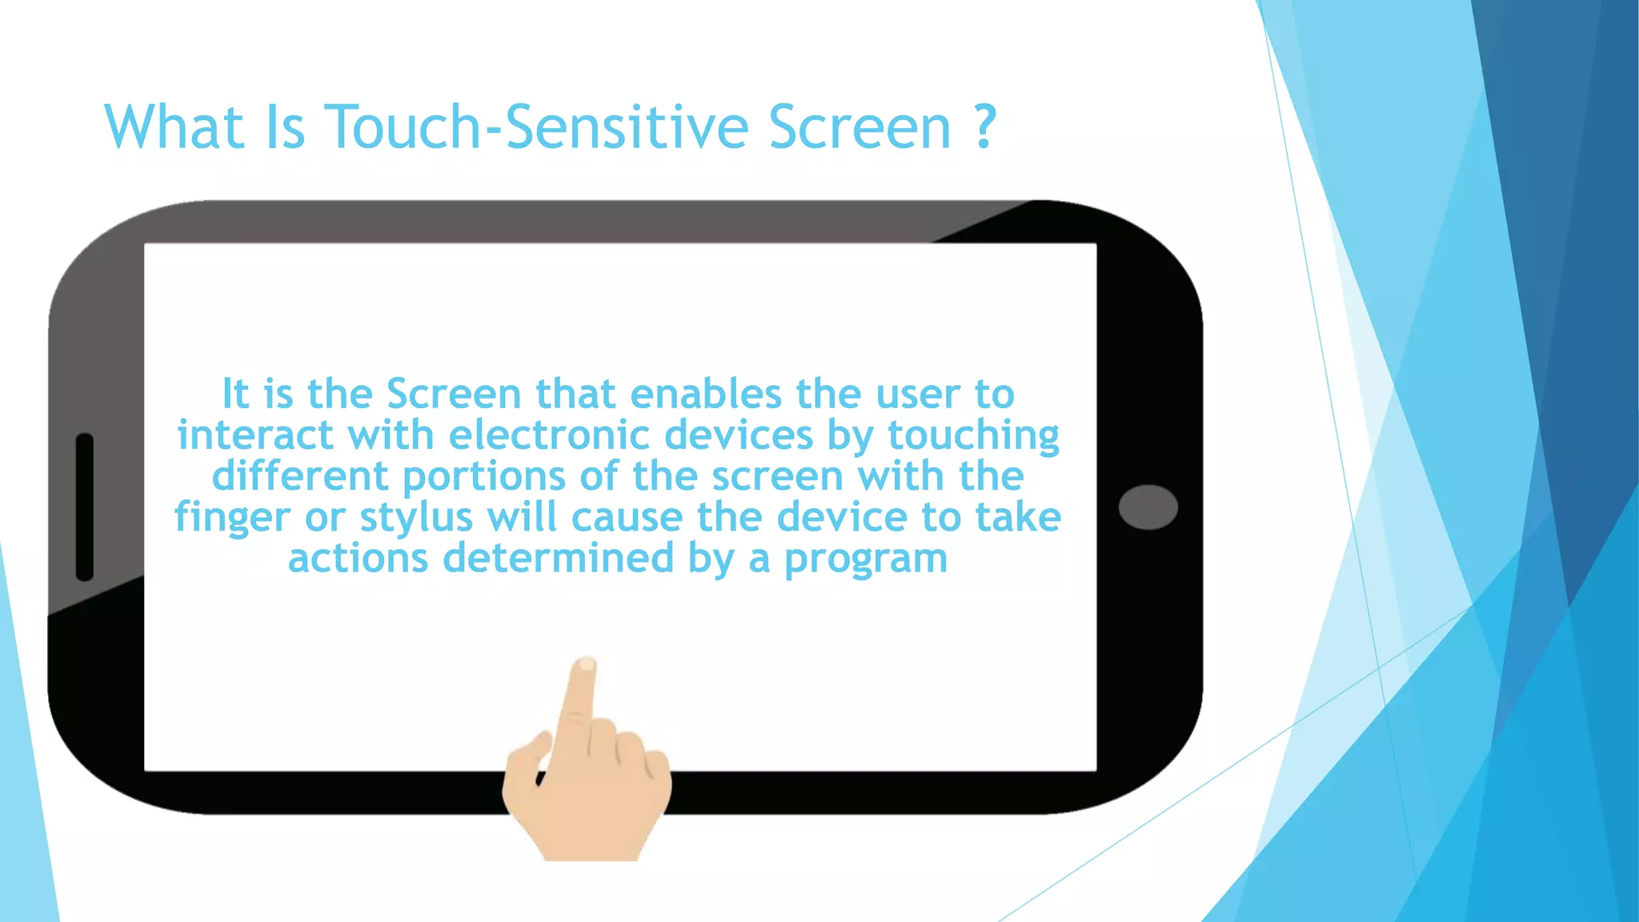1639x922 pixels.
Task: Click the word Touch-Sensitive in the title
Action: point(536,127)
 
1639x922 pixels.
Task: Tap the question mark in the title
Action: point(985,127)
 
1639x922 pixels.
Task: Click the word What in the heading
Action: point(174,127)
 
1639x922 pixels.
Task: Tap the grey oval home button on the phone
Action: point(1148,507)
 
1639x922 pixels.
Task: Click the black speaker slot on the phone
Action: point(85,507)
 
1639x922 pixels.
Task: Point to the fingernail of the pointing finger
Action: point(587,664)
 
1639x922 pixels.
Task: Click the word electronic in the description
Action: point(551,436)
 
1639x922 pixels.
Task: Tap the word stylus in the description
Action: point(416,518)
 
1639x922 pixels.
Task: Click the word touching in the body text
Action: point(973,436)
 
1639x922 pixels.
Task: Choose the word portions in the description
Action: point(484,477)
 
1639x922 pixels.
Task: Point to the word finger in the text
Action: point(232,518)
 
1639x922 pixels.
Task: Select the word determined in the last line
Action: point(558,558)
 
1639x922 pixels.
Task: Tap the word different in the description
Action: point(300,477)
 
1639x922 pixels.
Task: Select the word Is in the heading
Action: point(284,127)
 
